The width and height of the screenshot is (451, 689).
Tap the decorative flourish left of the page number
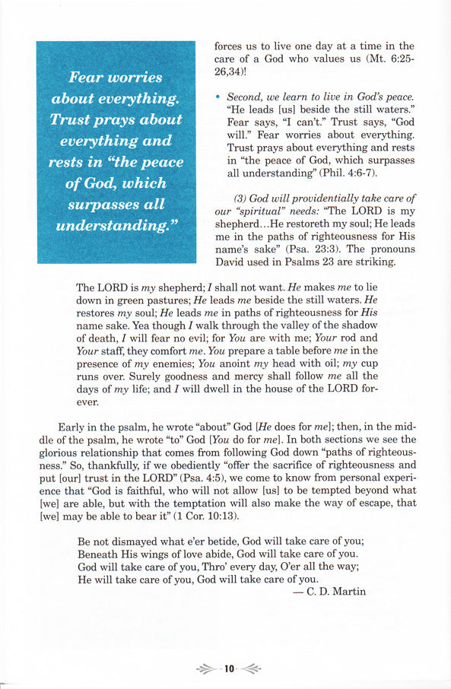click(206, 669)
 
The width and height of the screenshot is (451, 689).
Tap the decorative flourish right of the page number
click(251, 669)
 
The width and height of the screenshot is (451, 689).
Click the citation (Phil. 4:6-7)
click(329, 174)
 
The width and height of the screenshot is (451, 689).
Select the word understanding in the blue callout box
click(114, 226)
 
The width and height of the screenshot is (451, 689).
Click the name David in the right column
click(233, 262)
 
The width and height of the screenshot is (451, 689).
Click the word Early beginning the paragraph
click(73, 427)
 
